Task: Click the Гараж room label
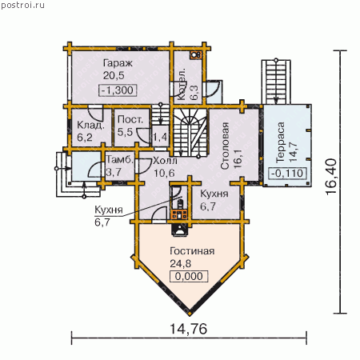coord(118,64)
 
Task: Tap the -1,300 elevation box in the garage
coord(118,90)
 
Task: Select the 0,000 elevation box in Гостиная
coord(189,276)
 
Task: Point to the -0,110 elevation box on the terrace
coord(287,174)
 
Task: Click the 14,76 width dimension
coord(189,329)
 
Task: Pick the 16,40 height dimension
coord(331,177)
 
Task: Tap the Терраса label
coord(280,142)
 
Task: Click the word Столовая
coord(225,146)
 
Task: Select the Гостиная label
coord(192,251)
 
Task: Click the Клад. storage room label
coord(90,126)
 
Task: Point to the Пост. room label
coord(130,119)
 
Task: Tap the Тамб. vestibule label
coord(120,160)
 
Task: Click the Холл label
coord(165,161)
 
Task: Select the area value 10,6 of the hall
coord(164,173)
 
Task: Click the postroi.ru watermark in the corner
coord(22,6)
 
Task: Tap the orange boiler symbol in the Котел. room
coord(196,55)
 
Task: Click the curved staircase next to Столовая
coord(190,132)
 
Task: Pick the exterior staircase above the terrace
coord(276,82)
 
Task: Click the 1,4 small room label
coord(160,138)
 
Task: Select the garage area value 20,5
coord(114,76)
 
